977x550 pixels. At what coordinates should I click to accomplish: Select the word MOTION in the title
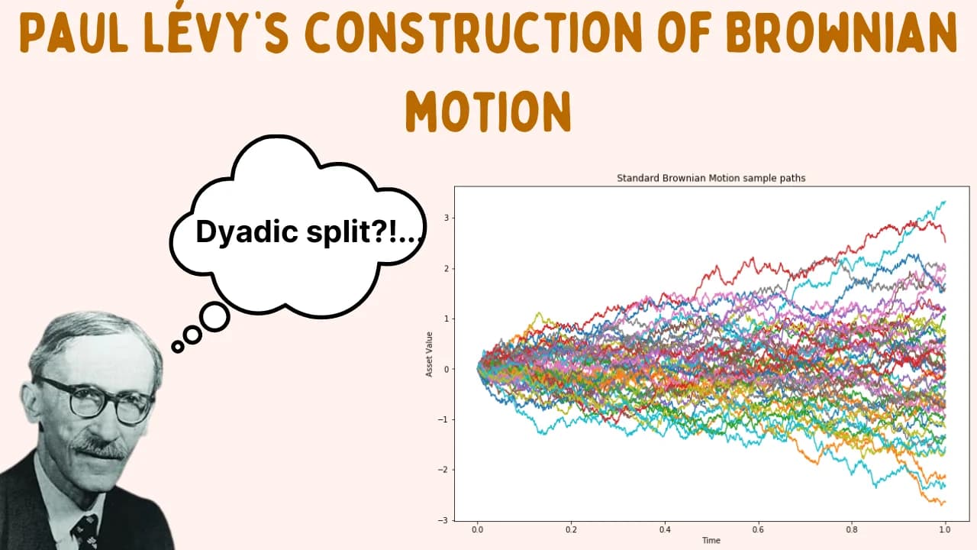tap(488, 111)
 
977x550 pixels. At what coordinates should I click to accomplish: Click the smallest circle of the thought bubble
tap(178, 347)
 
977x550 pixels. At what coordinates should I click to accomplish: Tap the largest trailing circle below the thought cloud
tap(214, 316)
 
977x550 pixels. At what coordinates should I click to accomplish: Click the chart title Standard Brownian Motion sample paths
tap(711, 178)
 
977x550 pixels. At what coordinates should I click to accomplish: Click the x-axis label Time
tap(711, 540)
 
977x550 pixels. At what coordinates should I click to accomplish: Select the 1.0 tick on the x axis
tap(945, 528)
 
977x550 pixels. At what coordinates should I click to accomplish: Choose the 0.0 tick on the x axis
tap(477, 528)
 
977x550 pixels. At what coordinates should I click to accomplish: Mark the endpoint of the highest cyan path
tap(945, 202)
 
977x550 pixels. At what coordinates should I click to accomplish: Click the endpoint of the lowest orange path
tap(945, 502)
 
